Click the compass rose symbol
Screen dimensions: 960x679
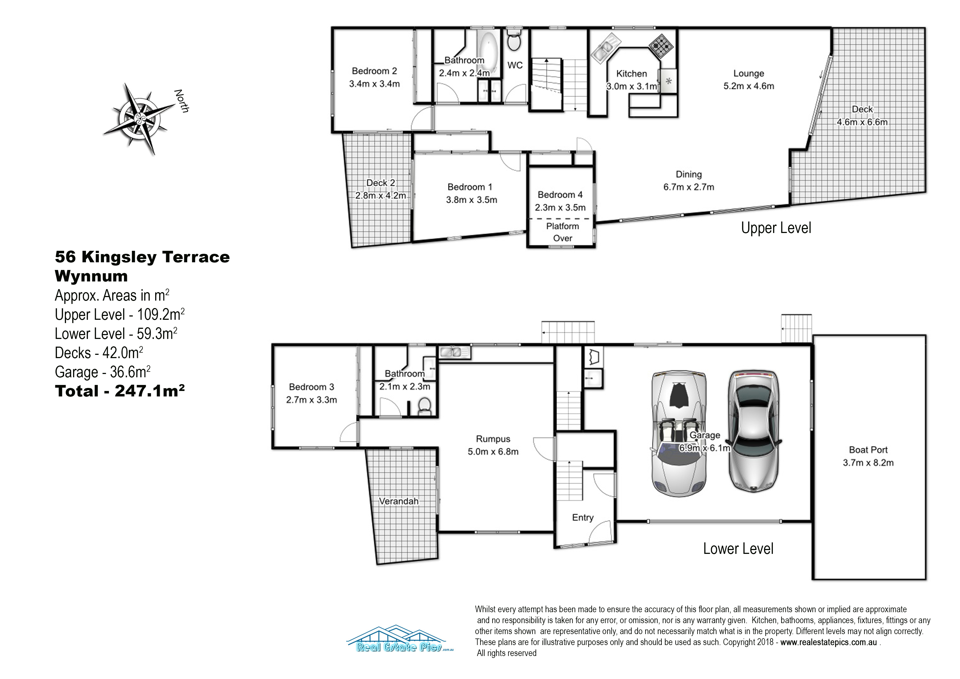point(140,119)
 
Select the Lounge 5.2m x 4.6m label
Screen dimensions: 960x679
point(749,79)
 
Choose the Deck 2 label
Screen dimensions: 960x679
point(380,183)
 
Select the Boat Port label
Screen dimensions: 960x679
point(868,450)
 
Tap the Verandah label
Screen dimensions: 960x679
point(398,501)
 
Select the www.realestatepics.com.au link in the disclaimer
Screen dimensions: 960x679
point(828,642)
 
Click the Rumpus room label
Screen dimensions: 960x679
point(493,439)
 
